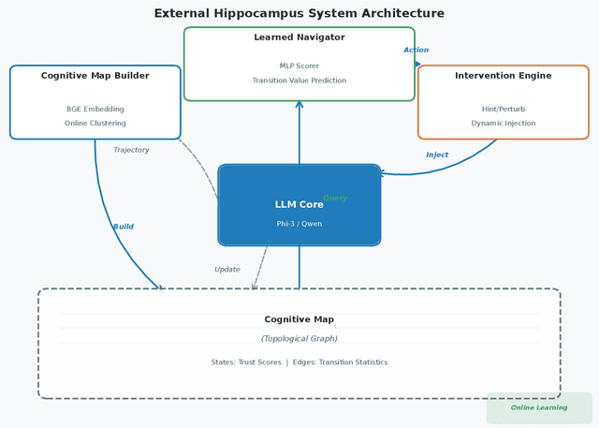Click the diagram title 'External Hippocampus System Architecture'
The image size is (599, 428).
tap(299, 13)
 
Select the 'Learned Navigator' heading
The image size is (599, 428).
tap(299, 37)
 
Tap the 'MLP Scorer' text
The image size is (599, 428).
tap(299, 66)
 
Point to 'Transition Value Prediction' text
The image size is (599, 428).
tap(299, 81)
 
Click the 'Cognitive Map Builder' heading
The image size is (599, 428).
tap(95, 76)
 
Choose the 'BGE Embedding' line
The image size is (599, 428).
tap(95, 110)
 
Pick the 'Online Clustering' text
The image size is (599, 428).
tap(95, 124)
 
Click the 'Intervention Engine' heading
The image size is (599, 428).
tap(504, 76)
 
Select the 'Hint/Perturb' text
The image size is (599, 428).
tap(504, 110)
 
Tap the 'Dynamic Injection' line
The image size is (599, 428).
tap(504, 124)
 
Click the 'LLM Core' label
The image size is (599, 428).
tap(299, 204)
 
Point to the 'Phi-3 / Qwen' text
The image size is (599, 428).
tap(299, 224)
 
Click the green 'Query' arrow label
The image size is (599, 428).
tap(335, 199)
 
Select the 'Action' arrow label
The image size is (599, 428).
tap(416, 51)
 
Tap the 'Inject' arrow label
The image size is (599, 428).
tap(437, 155)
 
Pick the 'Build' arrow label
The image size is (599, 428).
tap(124, 227)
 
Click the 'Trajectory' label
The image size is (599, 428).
tap(131, 150)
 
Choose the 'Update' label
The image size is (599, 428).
tap(227, 270)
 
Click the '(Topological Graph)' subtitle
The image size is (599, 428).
tap(299, 339)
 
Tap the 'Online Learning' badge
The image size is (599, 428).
tap(539, 407)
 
